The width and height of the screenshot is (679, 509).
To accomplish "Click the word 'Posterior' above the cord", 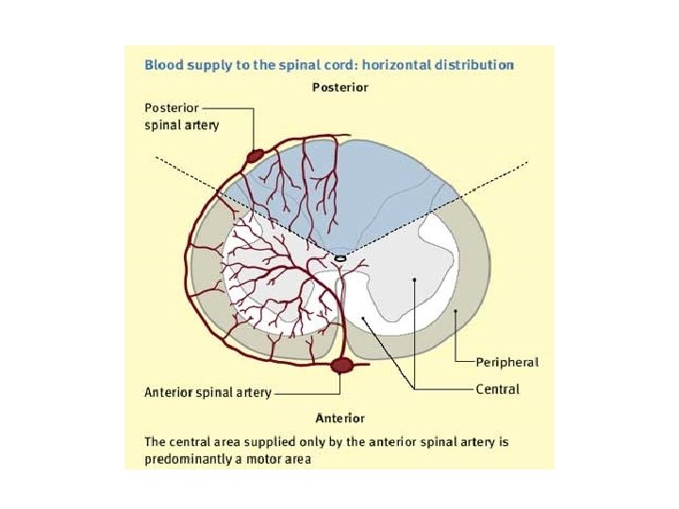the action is (x=339, y=88).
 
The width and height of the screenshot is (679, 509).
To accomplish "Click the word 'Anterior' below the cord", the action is (x=339, y=417).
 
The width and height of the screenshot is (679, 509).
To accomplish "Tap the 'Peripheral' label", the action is (x=507, y=361).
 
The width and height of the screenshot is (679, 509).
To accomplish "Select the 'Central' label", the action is (x=497, y=388).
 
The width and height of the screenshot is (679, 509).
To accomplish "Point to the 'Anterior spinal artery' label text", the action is (x=207, y=392).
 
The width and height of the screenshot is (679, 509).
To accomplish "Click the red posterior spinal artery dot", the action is (x=255, y=153).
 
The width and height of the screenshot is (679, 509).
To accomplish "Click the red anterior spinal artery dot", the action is (x=341, y=365).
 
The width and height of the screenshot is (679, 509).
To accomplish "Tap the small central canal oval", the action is (x=340, y=257).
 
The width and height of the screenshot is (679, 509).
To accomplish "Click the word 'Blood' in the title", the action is (x=162, y=65).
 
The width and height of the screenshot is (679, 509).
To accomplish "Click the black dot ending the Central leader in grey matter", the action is (x=414, y=281).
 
